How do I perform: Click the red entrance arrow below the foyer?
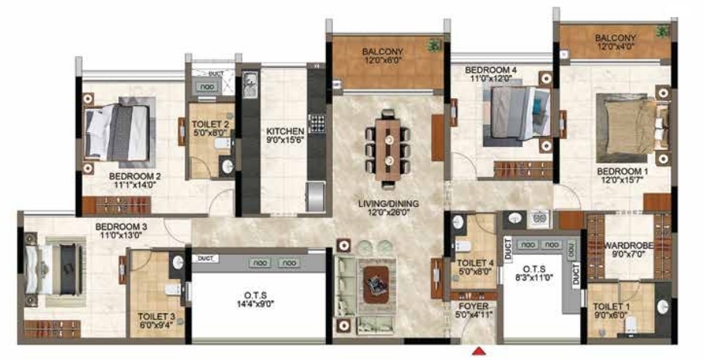point(480,352)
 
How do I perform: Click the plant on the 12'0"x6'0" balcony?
point(434,46)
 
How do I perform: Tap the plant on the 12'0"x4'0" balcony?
point(661,32)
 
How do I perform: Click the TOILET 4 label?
point(470,263)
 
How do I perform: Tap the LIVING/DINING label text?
point(388,204)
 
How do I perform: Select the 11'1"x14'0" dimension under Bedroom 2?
point(134,185)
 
